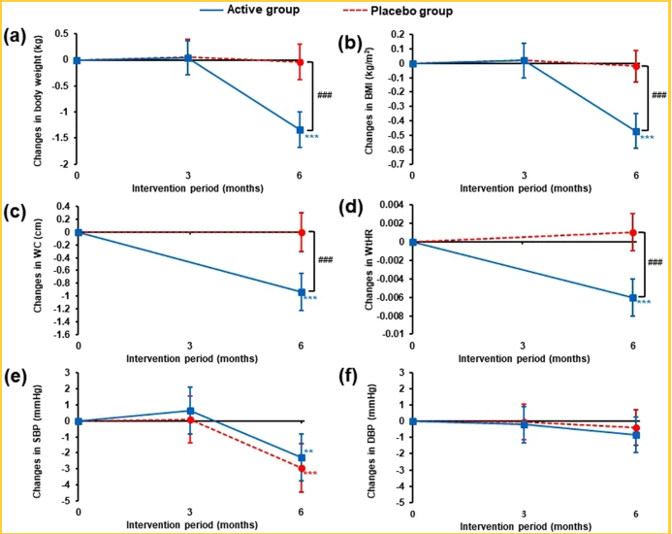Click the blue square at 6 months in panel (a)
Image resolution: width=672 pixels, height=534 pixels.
[x=300, y=130]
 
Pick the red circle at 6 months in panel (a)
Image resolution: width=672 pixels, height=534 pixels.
[x=300, y=62]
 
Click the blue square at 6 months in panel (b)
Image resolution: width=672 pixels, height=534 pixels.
[x=636, y=131]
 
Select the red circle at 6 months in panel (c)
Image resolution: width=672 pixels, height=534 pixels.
[x=301, y=232]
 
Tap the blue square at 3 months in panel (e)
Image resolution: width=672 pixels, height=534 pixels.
[x=189, y=412]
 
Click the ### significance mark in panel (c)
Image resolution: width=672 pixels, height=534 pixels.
[x=325, y=260]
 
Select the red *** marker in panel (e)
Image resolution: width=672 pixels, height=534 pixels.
[x=312, y=475]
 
